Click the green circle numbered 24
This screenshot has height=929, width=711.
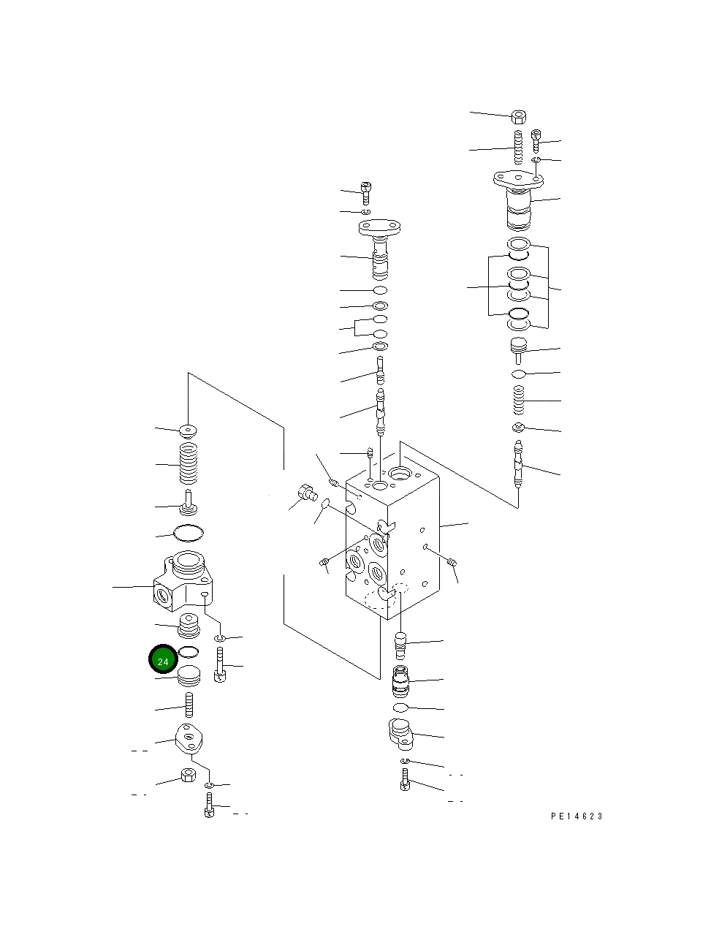coord(163,660)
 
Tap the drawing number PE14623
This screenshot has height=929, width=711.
coord(577,816)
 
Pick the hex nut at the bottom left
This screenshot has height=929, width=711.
coord(187,776)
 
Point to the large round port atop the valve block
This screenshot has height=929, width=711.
coord(400,474)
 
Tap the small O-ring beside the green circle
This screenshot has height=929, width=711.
coord(189,652)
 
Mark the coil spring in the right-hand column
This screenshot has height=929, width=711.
coord(519,401)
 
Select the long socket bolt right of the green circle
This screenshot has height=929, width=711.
coord(221,664)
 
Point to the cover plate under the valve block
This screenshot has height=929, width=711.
coord(402,732)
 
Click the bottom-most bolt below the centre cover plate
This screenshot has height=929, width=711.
coord(405,785)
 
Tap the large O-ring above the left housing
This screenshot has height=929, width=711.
coord(189,532)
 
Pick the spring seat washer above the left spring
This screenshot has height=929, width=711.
coord(188,431)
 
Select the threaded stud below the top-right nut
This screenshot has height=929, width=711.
coord(518,148)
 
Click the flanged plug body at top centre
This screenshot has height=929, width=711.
coord(377,245)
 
